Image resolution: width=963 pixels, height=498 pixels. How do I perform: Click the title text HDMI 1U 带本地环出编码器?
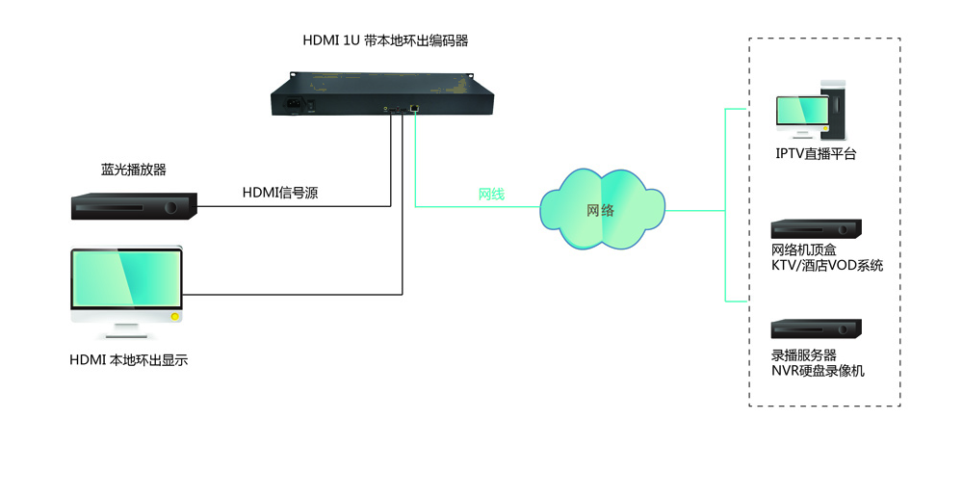click(x=385, y=40)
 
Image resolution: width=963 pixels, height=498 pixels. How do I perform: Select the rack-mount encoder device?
click(x=382, y=94)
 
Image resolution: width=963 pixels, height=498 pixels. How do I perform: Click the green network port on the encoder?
click(x=414, y=109)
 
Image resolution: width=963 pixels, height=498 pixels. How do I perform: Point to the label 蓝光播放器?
click(x=134, y=170)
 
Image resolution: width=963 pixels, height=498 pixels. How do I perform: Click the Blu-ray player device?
click(x=134, y=205)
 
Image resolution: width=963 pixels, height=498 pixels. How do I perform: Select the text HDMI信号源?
click(x=280, y=193)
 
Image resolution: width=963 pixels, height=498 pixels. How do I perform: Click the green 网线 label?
click(x=491, y=195)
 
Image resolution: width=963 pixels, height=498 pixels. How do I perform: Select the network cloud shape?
click(x=602, y=209)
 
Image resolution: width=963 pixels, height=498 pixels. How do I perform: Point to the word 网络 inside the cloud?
click(x=600, y=210)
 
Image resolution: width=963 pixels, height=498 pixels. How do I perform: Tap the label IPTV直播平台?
click(x=816, y=153)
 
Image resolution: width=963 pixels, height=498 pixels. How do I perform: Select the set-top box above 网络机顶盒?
click(x=816, y=229)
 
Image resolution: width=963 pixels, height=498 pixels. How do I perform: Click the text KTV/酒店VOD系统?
click(x=826, y=265)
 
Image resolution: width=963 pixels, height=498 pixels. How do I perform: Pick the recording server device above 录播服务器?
click(x=816, y=328)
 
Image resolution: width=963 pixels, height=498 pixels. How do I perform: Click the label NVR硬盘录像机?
click(x=818, y=371)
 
